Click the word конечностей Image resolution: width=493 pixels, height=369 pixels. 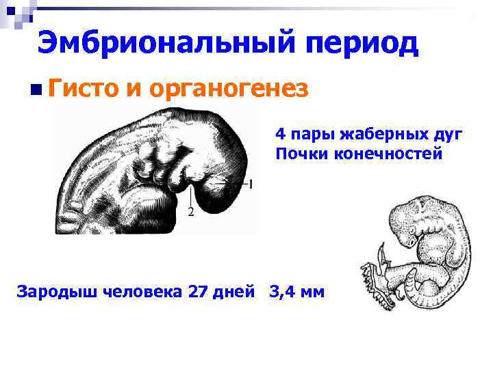388,154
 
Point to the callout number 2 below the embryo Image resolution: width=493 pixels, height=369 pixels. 190,213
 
